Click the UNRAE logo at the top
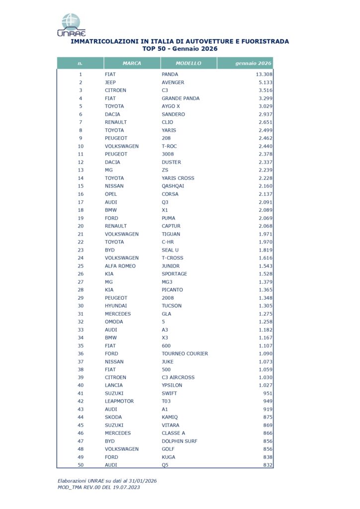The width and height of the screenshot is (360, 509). point(71,25)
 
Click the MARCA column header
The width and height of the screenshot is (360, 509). point(132,64)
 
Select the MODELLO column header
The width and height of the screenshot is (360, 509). point(188,64)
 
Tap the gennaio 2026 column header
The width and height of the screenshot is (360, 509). point(254,64)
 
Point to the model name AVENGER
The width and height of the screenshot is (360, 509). point(173,83)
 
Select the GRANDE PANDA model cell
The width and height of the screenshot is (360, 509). point(180,98)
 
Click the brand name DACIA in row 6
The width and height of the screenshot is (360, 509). point(113,114)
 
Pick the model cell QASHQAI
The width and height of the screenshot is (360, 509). point(174,186)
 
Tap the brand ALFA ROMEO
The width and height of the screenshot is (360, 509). point(120,266)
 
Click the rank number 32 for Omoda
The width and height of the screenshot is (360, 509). point(80,322)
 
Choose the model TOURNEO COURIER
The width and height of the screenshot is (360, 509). point(185,353)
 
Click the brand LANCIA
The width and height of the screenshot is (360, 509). point(113,385)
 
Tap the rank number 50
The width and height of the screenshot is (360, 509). point(80,465)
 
